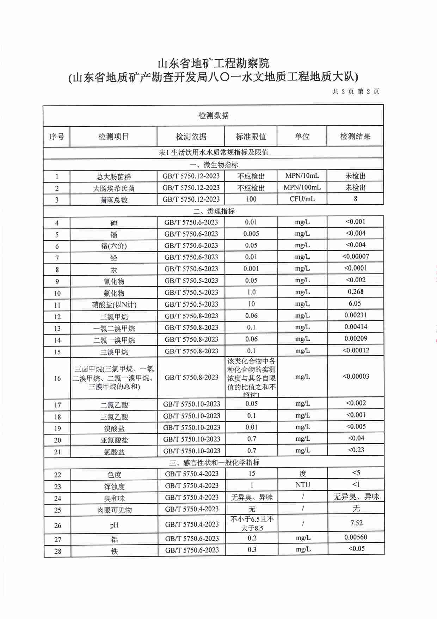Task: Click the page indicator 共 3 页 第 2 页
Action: pyautogui.click(x=355, y=91)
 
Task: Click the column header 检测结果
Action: pyautogui.click(x=355, y=136)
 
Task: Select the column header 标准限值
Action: pyautogui.click(x=251, y=136)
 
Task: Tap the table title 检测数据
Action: pyautogui.click(x=214, y=115)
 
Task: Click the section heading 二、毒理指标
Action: pyautogui.click(x=214, y=211)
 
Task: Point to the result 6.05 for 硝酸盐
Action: pyautogui.click(x=355, y=304)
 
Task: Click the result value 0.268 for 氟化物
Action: pyautogui.click(x=355, y=292)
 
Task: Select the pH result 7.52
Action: pyautogui.click(x=356, y=523)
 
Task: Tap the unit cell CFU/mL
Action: pyautogui.click(x=302, y=199)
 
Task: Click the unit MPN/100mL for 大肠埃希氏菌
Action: pyautogui.click(x=302, y=187)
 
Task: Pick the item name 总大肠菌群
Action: pyautogui.click(x=113, y=177)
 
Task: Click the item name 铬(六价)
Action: pyautogui.click(x=113, y=246)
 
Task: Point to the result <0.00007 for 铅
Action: pyautogui.click(x=355, y=257)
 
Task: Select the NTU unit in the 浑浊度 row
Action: pyautogui.click(x=303, y=485)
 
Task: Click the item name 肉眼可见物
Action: pyautogui.click(x=114, y=510)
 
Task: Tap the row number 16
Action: pyautogui.click(x=57, y=378)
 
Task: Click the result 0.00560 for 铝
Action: pyautogui.click(x=356, y=537)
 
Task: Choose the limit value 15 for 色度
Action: pyautogui.click(x=252, y=474)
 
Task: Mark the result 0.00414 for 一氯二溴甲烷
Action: pyautogui.click(x=356, y=327)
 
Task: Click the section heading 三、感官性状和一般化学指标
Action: pyautogui.click(x=214, y=462)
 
